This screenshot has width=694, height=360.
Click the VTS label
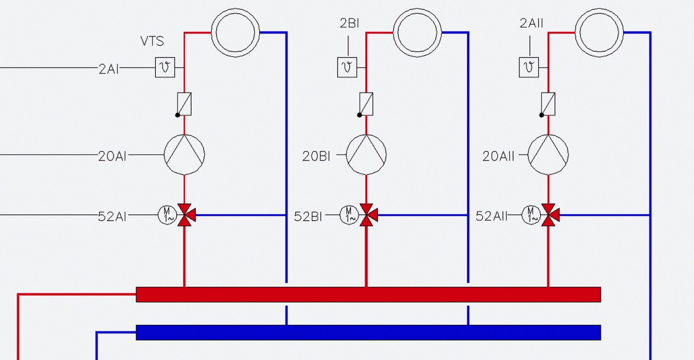(152, 41)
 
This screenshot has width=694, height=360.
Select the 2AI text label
(108, 69)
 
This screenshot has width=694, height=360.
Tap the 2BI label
(349, 23)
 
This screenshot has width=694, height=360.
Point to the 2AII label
(531, 23)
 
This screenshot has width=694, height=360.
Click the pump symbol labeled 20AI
(184, 154)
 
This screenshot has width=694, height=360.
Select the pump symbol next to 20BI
(366, 154)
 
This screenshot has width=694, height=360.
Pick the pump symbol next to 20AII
(548, 154)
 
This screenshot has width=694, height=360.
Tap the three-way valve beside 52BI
(367, 215)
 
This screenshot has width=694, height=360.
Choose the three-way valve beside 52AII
(549, 215)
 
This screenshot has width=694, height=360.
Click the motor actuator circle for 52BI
(349, 215)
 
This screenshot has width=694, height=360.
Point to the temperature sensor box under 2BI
(347, 67)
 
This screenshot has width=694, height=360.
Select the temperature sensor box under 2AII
(529, 67)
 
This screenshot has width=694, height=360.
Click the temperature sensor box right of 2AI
(165, 67)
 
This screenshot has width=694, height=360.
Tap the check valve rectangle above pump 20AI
(184, 104)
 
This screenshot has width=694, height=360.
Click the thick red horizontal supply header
(368, 294)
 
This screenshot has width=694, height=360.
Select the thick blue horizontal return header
(368, 332)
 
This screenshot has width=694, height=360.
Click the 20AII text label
(498, 156)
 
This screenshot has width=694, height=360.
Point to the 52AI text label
(112, 217)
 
